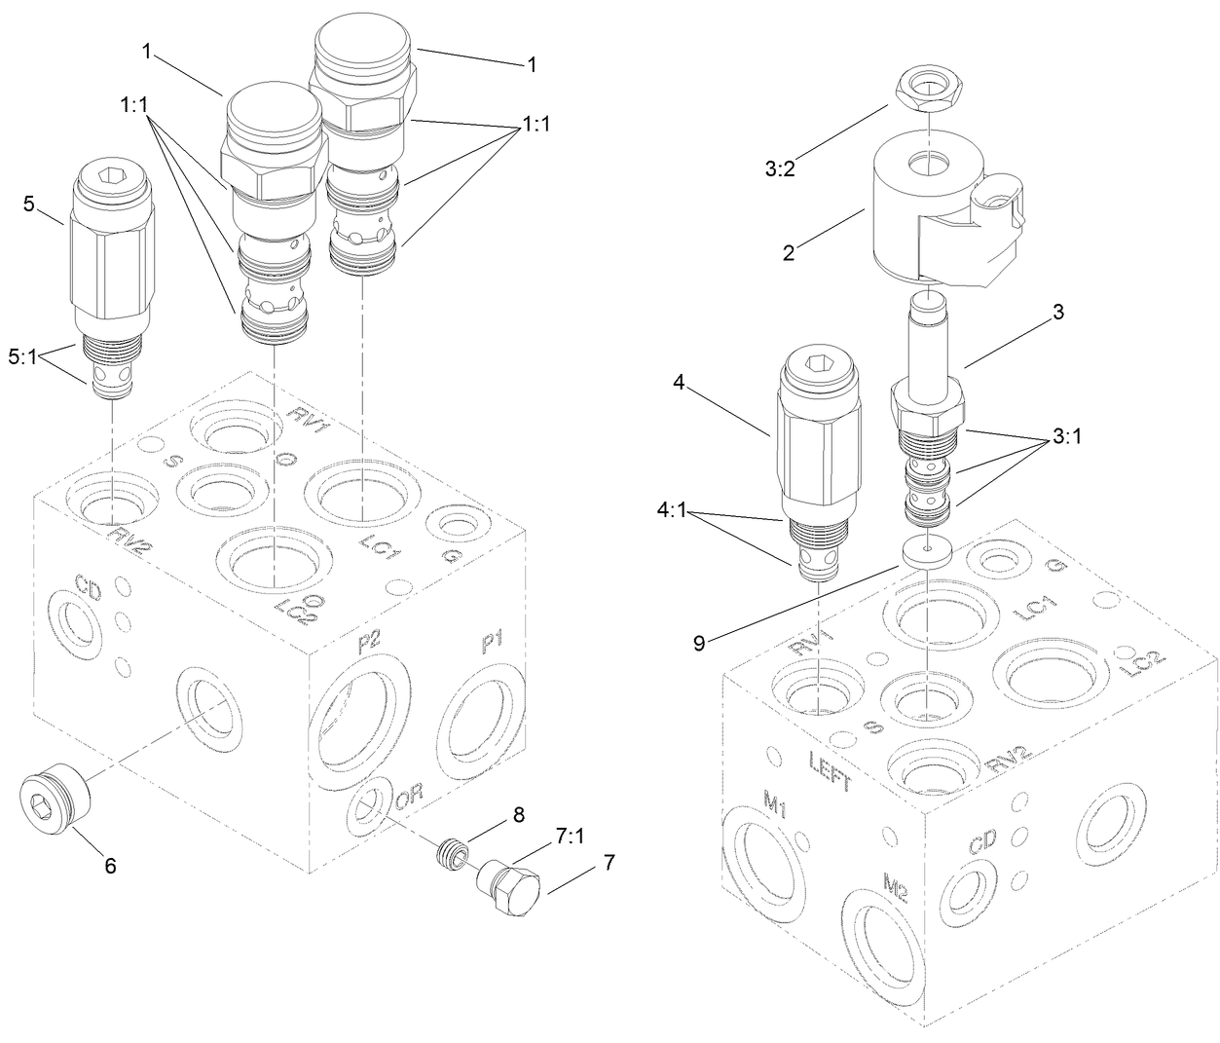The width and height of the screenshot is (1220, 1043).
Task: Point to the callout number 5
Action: pyautogui.click(x=27, y=204)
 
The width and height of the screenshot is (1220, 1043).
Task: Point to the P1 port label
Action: pyautogui.click(x=492, y=644)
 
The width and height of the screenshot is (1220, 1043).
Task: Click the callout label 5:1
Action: pyautogui.click(x=23, y=356)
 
